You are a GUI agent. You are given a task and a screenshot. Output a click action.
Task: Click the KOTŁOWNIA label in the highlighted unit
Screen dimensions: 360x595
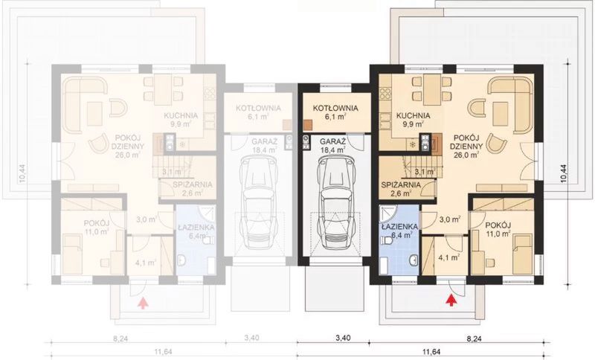pyautogui.click(x=335, y=108)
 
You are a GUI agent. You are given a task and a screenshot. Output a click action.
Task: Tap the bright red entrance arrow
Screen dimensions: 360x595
pyautogui.click(x=450, y=300)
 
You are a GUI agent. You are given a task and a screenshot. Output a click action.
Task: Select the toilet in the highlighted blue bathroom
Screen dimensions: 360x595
pyautogui.click(x=411, y=260)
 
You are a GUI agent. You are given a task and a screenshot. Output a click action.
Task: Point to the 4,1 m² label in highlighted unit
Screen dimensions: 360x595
pyautogui.click(x=448, y=259)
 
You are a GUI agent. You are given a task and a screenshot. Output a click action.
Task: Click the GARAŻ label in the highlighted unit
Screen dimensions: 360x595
pyautogui.click(x=332, y=141)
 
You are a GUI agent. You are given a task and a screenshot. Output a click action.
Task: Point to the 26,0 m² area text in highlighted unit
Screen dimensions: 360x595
pyautogui.click(x=464, y=155)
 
